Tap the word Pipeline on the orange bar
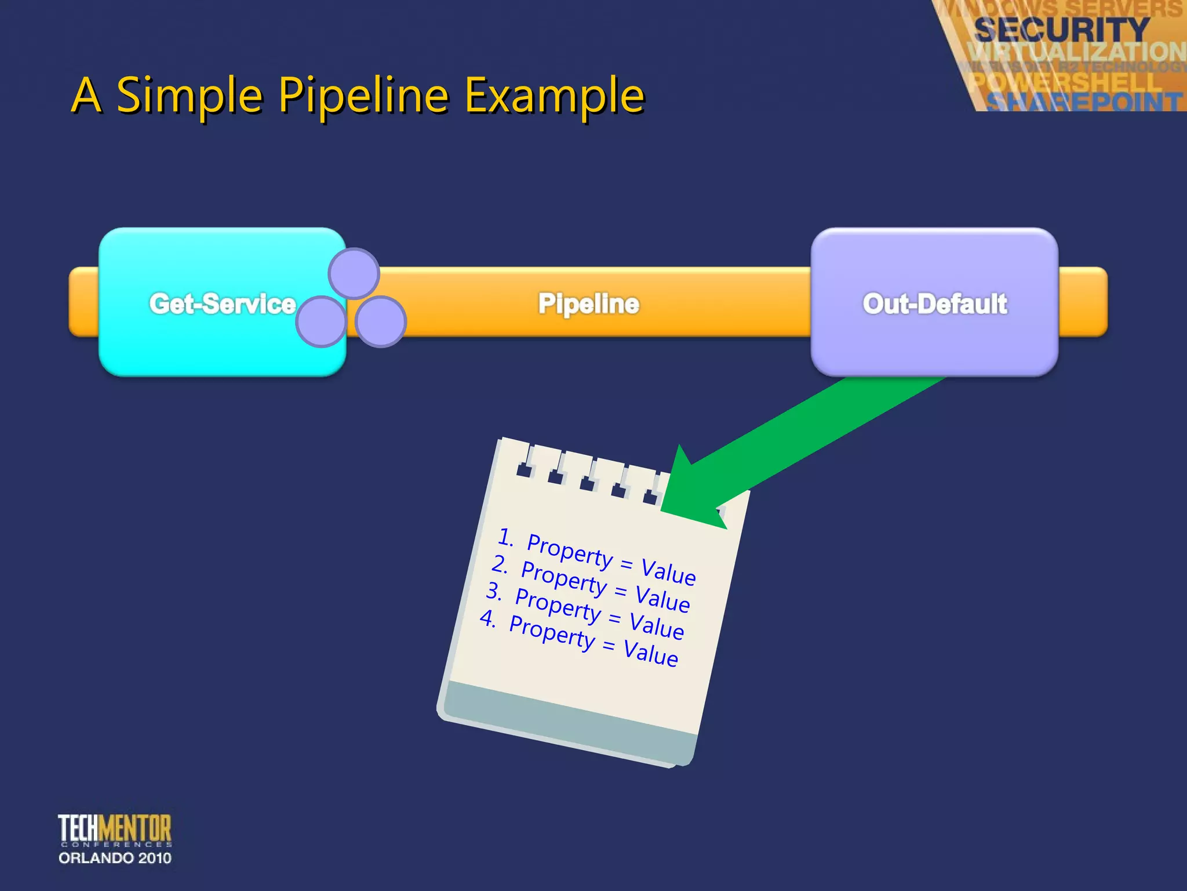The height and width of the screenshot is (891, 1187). click(x=588, y=303)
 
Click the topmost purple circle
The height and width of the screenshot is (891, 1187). click(x=354, y=273)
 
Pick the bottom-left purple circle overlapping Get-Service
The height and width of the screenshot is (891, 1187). click(x=321, y=322)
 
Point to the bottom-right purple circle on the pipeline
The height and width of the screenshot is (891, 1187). click(x=380, y=322)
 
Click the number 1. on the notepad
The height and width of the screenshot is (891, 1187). click(x=505, y=537)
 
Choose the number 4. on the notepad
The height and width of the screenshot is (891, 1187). click(x=488, y=618)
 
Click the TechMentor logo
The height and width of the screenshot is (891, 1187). click(x=115, y=828)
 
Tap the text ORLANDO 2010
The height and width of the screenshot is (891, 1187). click(x=115, y=858)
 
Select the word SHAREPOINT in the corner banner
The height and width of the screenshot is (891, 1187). click(x=1084, y=102)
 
